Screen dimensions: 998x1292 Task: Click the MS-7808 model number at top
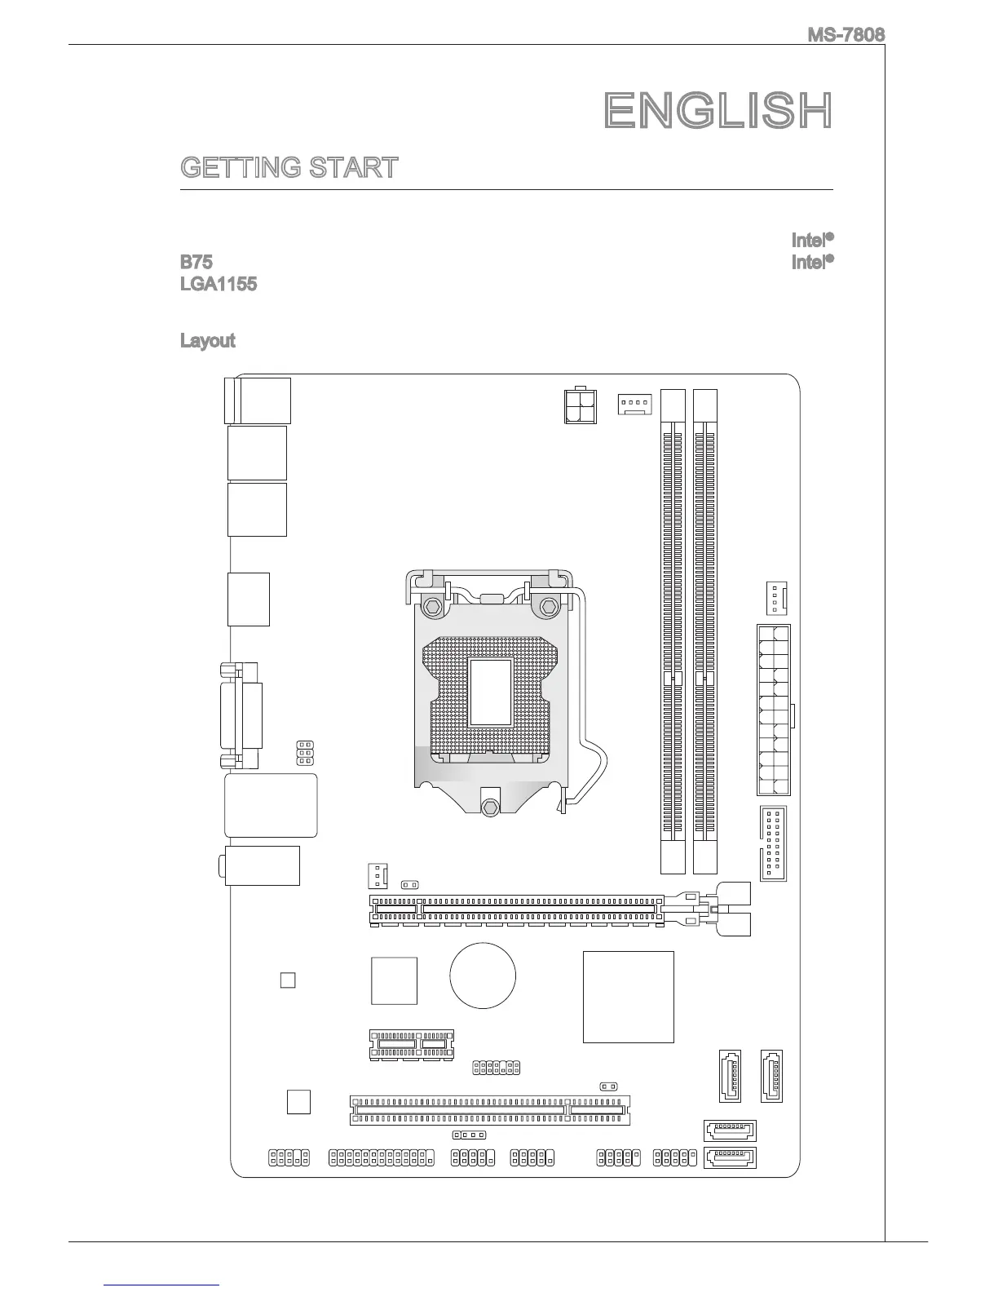coord(846,35)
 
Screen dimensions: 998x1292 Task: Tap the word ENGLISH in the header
coord(718,111)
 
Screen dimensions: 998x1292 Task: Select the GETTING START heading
coord(289,168)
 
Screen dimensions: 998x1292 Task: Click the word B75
coord(196,263)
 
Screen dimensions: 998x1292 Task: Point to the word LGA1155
coord(219,285)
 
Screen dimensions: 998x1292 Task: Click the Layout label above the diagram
coord(207,340)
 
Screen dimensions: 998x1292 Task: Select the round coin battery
coord(483,976)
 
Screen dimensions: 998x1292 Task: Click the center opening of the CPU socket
coord(490,692)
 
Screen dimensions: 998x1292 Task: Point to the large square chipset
coord(629,997)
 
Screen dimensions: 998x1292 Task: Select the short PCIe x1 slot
coord(412,1045)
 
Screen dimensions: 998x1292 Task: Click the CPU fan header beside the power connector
coord(634,403)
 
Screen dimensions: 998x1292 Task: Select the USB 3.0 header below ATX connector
coord(774,844)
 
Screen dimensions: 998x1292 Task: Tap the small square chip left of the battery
coord(394,980)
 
